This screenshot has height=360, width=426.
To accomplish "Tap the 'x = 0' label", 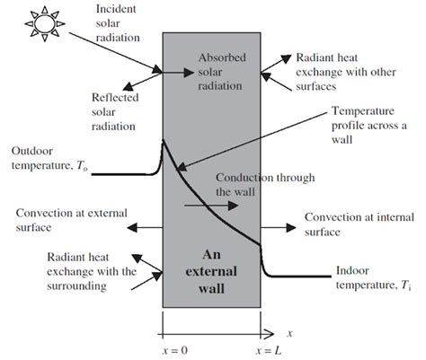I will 162,346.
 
